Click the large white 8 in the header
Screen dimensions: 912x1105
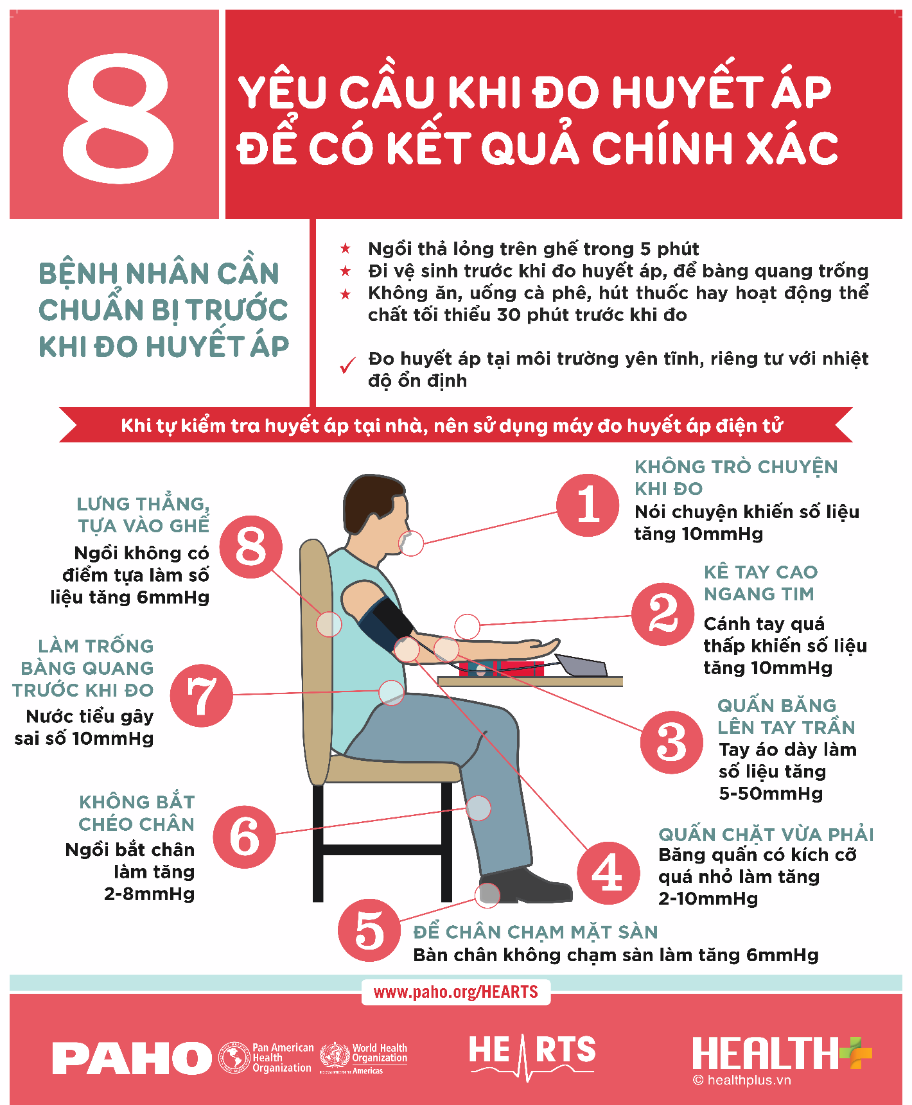pyautogui.click(x=118, y=118)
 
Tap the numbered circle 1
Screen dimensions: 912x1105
pyautogui.click(x=588, y=505)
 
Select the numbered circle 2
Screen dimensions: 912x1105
pyautogui.click(x=663, y=614)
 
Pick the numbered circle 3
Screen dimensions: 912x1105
pyautogui.click(x=672, y=742)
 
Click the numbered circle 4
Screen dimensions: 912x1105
pyautogui.click(x=608, y=873)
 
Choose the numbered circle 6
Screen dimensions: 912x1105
pyautogui.click(x=245, y=837)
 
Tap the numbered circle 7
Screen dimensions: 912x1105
pyautogui.click(x=202, y=695)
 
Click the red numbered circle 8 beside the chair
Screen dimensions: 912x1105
pyautogui.click(x=251, y=548)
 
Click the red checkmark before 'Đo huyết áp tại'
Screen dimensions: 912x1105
pyautogui.click(x=347, y=365)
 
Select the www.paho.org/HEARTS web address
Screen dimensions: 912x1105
pyautogui.click(x=455, y=992)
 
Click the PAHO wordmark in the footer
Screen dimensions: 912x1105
pyautogui.click(x=132, y=1059)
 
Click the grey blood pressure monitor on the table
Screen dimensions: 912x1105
pyautogui.click(x=581, y=665)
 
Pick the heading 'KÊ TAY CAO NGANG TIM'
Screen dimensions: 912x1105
pyautogui.click(x=760, y=583)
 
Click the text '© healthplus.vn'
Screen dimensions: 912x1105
pyautogui.click(x=742, y=1081)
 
